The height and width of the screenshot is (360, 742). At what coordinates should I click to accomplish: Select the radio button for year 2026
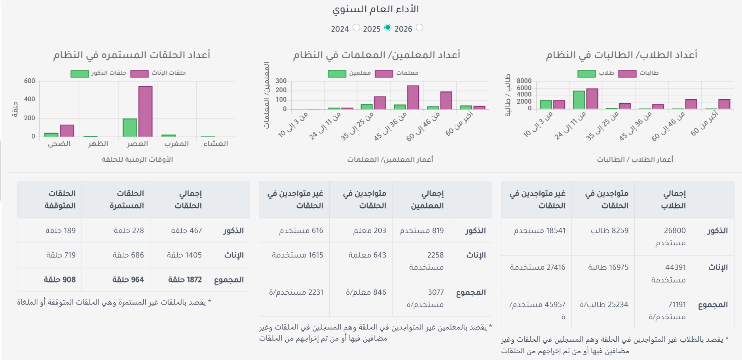[x=420, y=28]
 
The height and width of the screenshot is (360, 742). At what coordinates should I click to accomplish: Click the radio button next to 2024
[x=356, y=28]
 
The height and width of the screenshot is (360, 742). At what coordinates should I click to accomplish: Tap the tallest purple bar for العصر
[x=145, y=112]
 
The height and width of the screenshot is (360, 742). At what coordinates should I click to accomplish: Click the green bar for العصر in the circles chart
[x=130, y=128]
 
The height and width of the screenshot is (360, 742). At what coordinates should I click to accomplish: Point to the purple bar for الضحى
[x=67, y=131]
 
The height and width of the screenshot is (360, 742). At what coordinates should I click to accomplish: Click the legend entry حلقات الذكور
[x=99, y=73]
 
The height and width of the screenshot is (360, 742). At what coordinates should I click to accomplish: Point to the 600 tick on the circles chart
[x=30, y=81]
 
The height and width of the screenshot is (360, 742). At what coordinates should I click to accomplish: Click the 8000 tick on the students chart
[x=524, y=81]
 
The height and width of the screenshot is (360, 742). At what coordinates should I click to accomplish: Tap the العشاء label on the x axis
[x=216, y=144]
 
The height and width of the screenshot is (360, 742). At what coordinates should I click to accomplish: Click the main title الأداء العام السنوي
[x=376, y=9]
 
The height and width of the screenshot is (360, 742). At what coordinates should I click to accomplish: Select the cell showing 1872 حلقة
[x=185, y=280]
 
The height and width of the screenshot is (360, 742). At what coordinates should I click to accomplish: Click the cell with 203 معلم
[x=370, y=231]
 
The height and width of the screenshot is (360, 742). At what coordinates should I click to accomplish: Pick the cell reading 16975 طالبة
[x=608, y=267]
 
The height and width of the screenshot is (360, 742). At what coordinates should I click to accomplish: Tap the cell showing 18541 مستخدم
[x=539, y=231]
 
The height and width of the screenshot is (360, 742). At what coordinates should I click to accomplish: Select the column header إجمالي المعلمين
[x=427, y=199]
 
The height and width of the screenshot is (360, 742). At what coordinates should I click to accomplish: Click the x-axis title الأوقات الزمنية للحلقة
[x=137, y=159]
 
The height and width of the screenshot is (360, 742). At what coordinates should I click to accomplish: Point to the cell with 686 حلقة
[x=128, y=255]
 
